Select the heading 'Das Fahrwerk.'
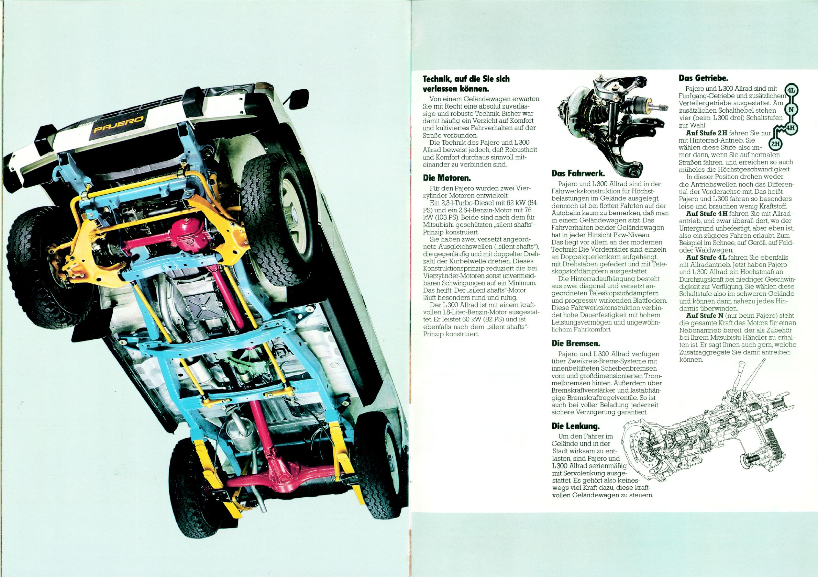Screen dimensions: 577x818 click(578, 174)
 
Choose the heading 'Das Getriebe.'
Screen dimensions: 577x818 click(703, 77)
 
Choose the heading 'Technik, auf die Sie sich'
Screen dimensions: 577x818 click(466, 79)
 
